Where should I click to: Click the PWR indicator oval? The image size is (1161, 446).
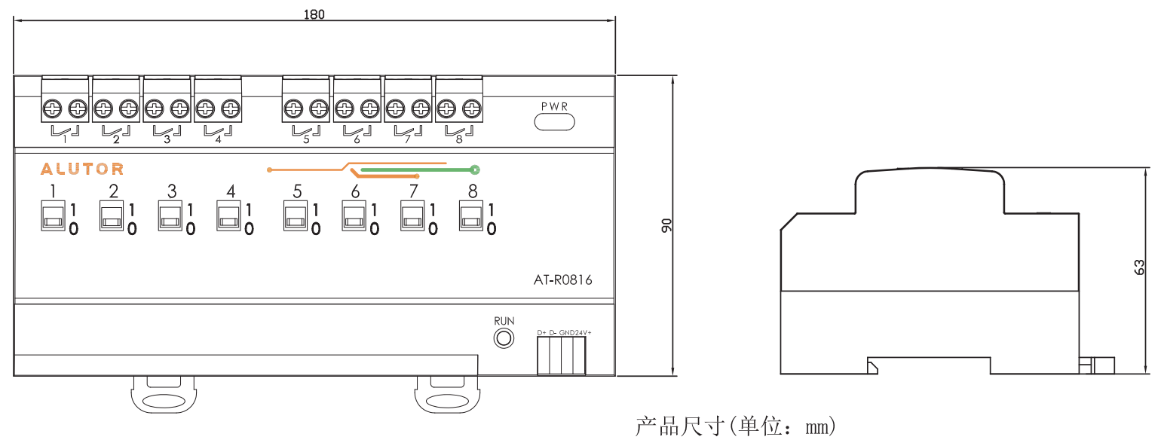tap(554, 121)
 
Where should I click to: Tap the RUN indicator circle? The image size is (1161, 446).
tap(504, 338)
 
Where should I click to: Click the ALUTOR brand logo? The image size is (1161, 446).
tap(82, 169)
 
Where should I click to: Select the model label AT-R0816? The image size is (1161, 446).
tap(563, 280)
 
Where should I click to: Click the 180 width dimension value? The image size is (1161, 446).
tap(314, 14)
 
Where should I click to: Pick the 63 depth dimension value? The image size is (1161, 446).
tap(1139, 267)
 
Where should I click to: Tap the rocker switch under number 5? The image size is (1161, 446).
tap(295, 216)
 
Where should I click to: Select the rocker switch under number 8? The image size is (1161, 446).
tap(471, 216)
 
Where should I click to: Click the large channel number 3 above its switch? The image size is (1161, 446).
tap(172, 191)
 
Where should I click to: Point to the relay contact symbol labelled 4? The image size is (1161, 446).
tap(218, 134)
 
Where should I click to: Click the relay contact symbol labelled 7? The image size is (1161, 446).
tap(407, 134)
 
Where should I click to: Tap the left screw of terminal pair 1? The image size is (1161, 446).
tap(53, 110)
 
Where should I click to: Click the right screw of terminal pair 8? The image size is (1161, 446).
tap(472, 110)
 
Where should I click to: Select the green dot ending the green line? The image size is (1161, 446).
tap(475, 170)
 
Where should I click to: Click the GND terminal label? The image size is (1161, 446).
tap(566, 332)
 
